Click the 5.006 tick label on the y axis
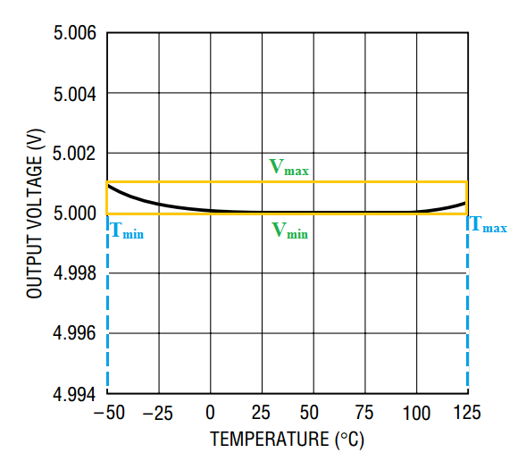pos(75,33)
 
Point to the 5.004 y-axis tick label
pos(75,94)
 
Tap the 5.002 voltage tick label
pos(74,154)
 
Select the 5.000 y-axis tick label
pos(75,214)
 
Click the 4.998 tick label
pos(75,273)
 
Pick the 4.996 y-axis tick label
pos(74,333)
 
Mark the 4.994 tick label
pos(74,394)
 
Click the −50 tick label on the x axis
pos(109,413)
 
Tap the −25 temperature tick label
pos(158,413)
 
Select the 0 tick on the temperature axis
pos(210,413)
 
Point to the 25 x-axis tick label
pos(261,413)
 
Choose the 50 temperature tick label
pos(309,413)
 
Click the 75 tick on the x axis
pos(364,413)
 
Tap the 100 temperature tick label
pos(416,413)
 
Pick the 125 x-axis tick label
pos(467,413)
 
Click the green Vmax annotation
pos(288,167)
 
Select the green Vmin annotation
pos(290,230)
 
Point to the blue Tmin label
pos(127,230)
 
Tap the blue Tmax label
pos(488,224)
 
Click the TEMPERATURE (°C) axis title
pos(288,440)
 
